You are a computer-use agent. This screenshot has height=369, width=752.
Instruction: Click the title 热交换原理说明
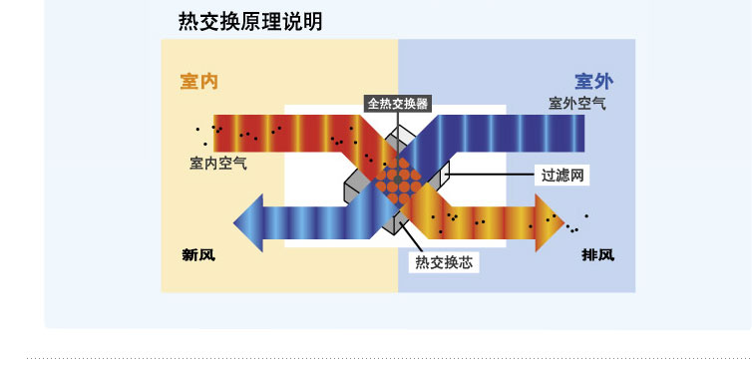tap(249, 21)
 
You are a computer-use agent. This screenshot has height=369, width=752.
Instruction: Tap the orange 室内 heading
tap(198, 81)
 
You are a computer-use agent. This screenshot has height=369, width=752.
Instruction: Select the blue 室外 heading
tap(594, 81)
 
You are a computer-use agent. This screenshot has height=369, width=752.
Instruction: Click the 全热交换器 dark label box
tap(398, 103)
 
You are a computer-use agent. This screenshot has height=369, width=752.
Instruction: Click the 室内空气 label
tap(217, 163)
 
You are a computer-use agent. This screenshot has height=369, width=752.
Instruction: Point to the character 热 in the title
tap(187, 21)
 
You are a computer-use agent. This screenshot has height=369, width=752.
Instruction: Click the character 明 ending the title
tap(312, 21)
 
